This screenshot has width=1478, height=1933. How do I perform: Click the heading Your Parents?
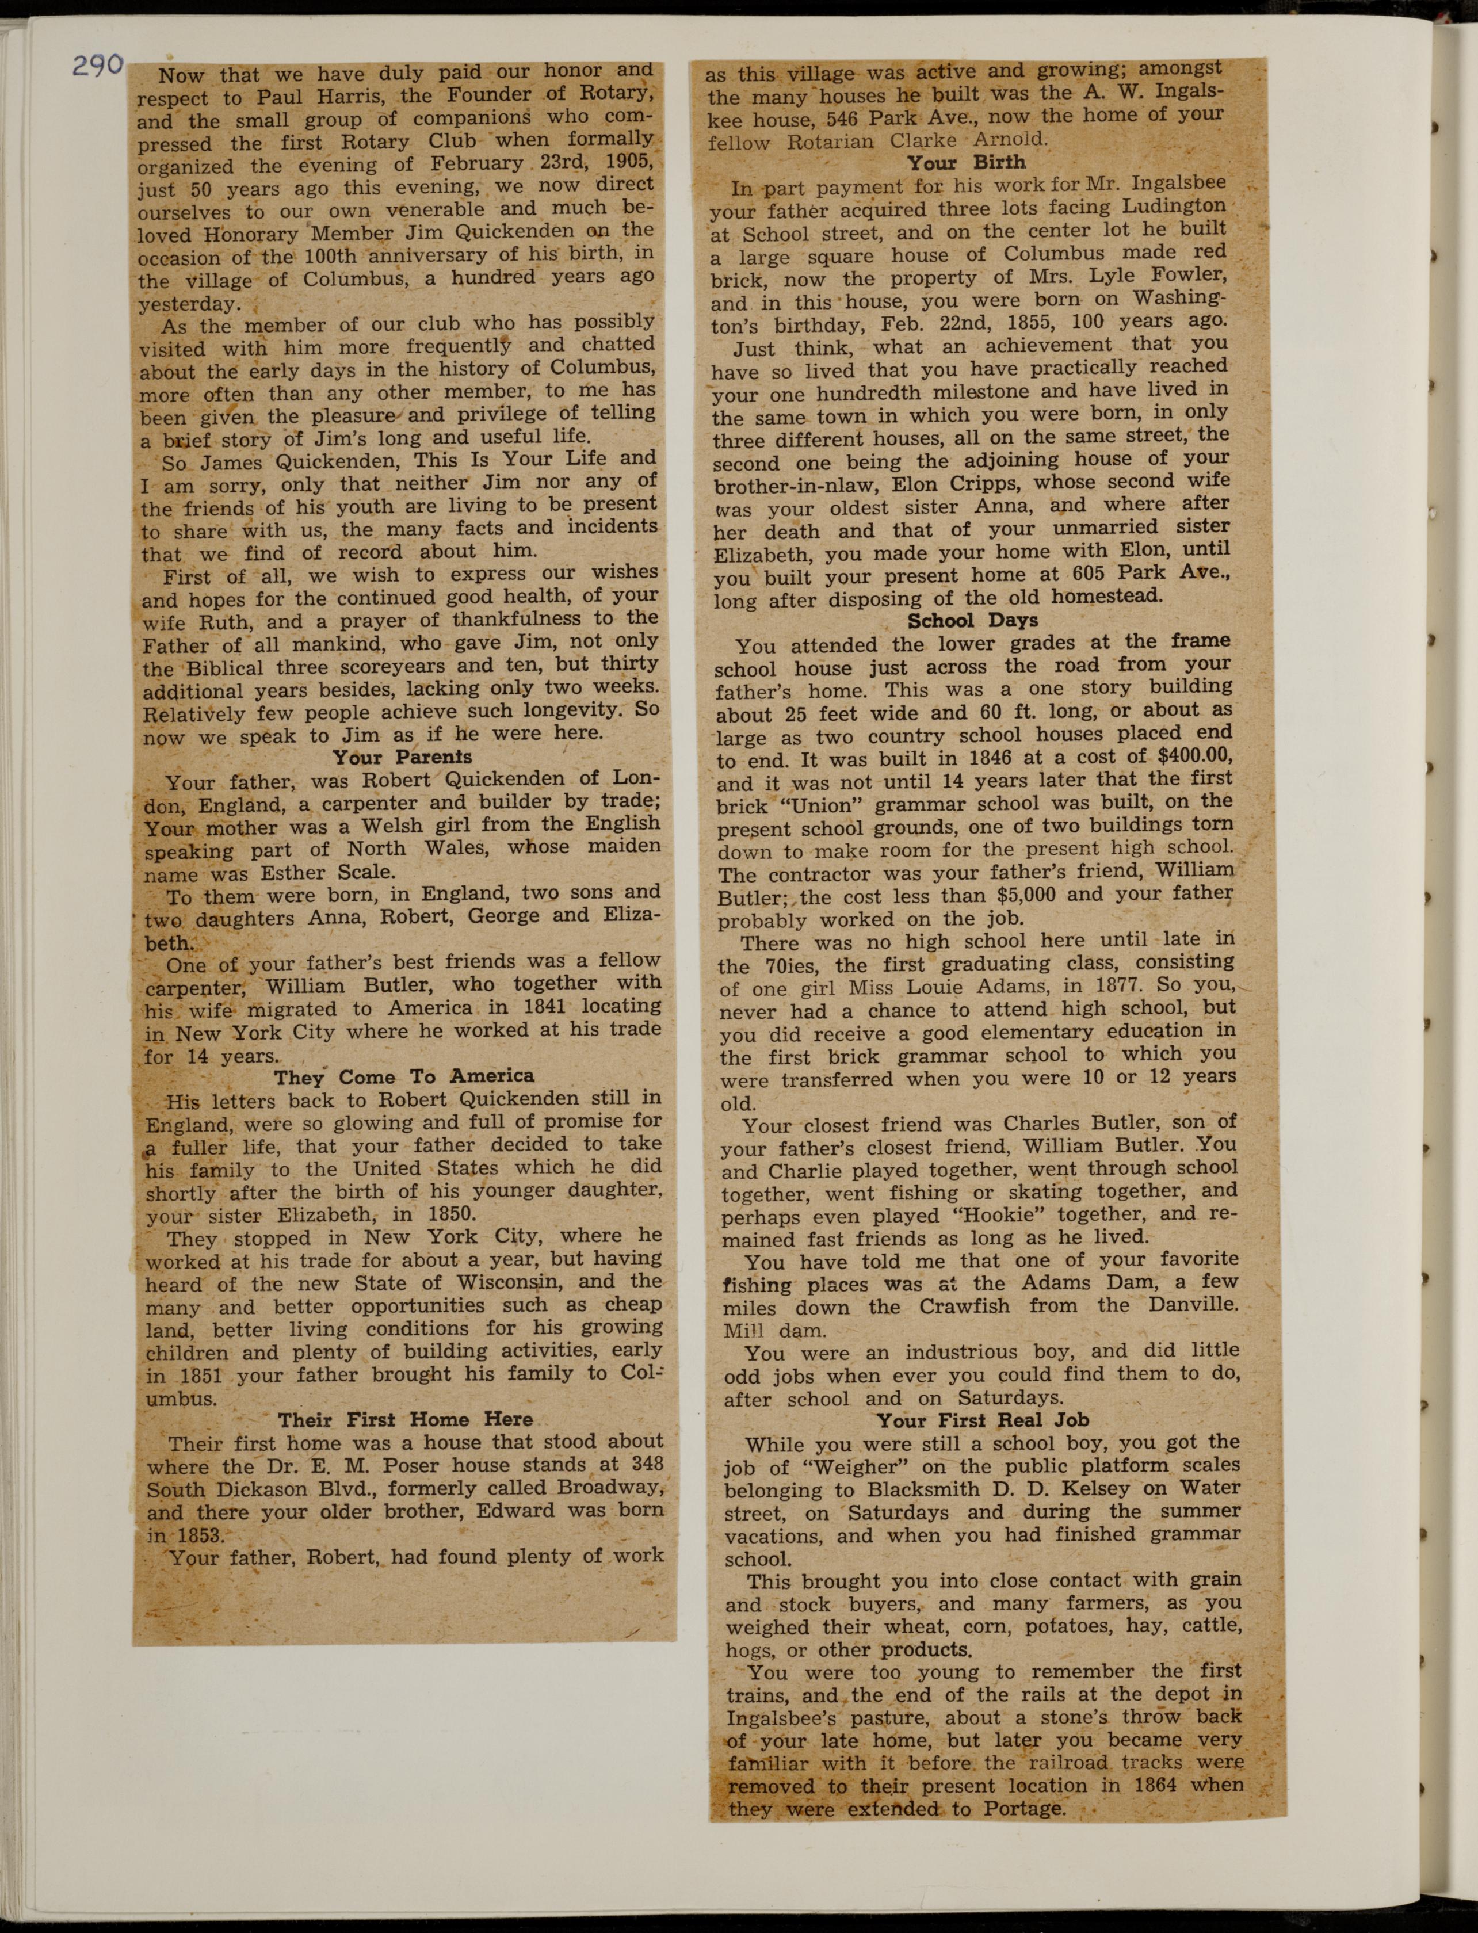click(402, 757)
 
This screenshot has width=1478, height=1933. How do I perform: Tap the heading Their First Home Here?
click(406, 1419)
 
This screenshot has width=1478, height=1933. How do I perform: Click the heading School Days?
click(972, 620)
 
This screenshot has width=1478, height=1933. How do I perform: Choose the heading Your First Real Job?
click(983, 1419)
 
